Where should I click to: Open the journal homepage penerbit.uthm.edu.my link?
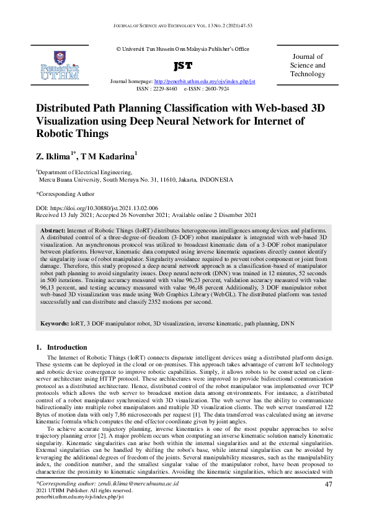pyautogui.click(x=204, y=82)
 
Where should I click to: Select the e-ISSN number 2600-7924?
pyautogui.click(x=216, y=89)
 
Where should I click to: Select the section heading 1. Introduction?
pyautogui.click(x=62, y=347)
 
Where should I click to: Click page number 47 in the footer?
pyautogui.click(x=329, y=484)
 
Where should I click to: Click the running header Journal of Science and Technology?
pyautogui.click(x=184, y=24)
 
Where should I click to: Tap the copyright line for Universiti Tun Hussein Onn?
pyautogui.click(x=182, y=49)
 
